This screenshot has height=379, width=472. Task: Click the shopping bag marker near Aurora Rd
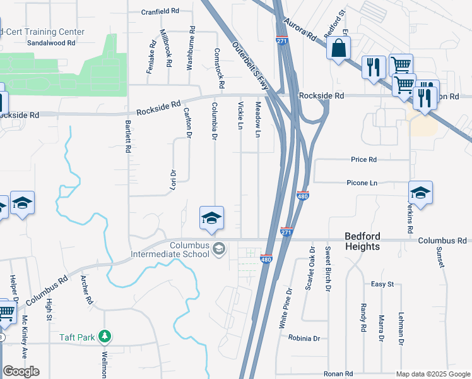pyautogui.click(x=339, y=48)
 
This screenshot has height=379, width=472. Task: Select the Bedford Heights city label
pyautogui.click(x=362, y=241)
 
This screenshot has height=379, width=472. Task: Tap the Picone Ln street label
pyautogui.click(x=362, y=183)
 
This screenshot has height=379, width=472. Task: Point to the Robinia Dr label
pyautogui.click(x=304, y=338)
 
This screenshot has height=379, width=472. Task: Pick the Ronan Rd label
pyautogui.click(x=338, y=374)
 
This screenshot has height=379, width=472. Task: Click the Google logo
pyautogui.click(x=21, y=371)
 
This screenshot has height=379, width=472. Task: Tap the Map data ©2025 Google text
pyautogui.click(x=433, y=375)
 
